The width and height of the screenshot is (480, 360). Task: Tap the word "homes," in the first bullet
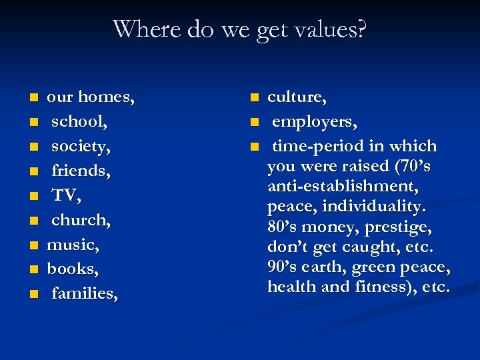click(x=107, y=97)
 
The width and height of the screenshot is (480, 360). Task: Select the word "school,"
click(x=80, y=122)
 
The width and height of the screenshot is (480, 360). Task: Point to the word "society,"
click(x=81, y=147)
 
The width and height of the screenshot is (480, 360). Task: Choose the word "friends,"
click(x=81, y=171)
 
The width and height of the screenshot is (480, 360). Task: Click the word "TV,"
click(x=67, y=195)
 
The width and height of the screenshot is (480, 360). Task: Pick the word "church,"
click(x=81, y=220)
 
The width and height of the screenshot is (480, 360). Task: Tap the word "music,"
click(x=73, y=245)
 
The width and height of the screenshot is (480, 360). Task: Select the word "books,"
click(x=72, y=269)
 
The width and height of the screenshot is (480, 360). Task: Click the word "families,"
click(x=85, y=293)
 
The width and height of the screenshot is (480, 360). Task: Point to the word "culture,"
click(x=297, y=97)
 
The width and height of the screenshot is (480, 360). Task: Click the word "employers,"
click(x=315, y=122)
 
